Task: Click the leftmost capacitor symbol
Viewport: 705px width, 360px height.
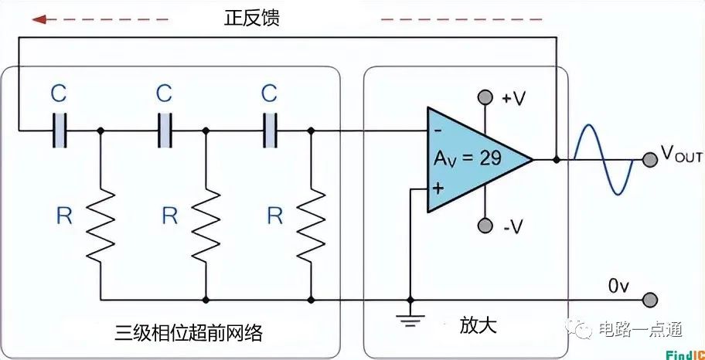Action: click(60, 131)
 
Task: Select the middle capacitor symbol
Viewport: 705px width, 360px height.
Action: click(165, 131)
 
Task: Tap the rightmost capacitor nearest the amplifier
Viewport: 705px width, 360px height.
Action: click(270, 131)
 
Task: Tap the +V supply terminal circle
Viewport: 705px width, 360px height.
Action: click(485, 97)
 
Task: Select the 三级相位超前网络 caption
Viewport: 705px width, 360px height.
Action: click(189, 334)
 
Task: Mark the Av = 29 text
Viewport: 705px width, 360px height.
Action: click(466, 158)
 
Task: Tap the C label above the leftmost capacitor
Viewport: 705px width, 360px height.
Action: click(59, 94)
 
